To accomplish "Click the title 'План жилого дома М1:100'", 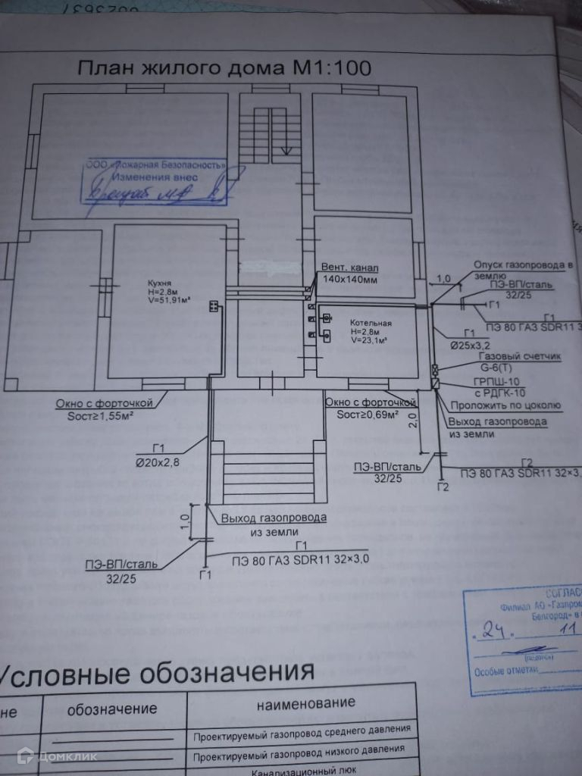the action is pyautogui.click(x=224, y=68).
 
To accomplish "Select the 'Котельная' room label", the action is pyautogui.click(x=371, y=324).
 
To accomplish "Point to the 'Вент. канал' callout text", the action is pyautogui.click(x=349, y=268).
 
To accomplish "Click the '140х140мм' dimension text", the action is pyautogui.click(x=349, y=280).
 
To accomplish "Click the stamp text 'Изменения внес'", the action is pyautogui.click(x=155, y=177).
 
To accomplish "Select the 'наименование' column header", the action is pyautogui.click(x=305, y=704).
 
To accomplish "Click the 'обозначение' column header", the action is pyautogui.click(x=112, y=709).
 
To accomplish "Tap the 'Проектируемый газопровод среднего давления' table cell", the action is pyautogui.click(x=302, y=732).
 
